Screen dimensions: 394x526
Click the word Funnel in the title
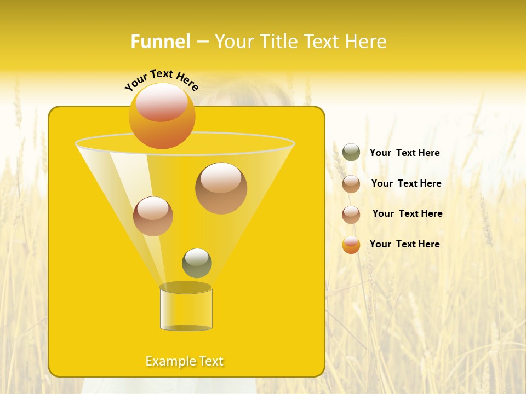click(x=160, y=42)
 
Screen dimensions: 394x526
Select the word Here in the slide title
click(x=366, y=42)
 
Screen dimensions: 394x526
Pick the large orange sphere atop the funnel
click(x=162, y=116)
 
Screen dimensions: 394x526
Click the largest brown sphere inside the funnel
click(x=221, y=188)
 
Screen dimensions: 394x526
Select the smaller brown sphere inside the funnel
click(x=153, y=216)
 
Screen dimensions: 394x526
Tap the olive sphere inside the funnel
click(x=197, y=263)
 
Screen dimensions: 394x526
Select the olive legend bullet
click(x=351, y=152)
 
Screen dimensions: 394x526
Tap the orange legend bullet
click(x=351, y=245)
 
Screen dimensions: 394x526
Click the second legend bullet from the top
click(x=351, y=184)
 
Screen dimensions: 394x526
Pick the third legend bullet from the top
click(x=351, y=215)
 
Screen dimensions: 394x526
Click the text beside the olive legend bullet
click(x=404, y=153)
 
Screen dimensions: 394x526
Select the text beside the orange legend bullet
click(x=404, y=244)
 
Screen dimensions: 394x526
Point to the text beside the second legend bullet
click(x=406, y=183)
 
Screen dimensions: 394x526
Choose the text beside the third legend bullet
click(x=407, y=213)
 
